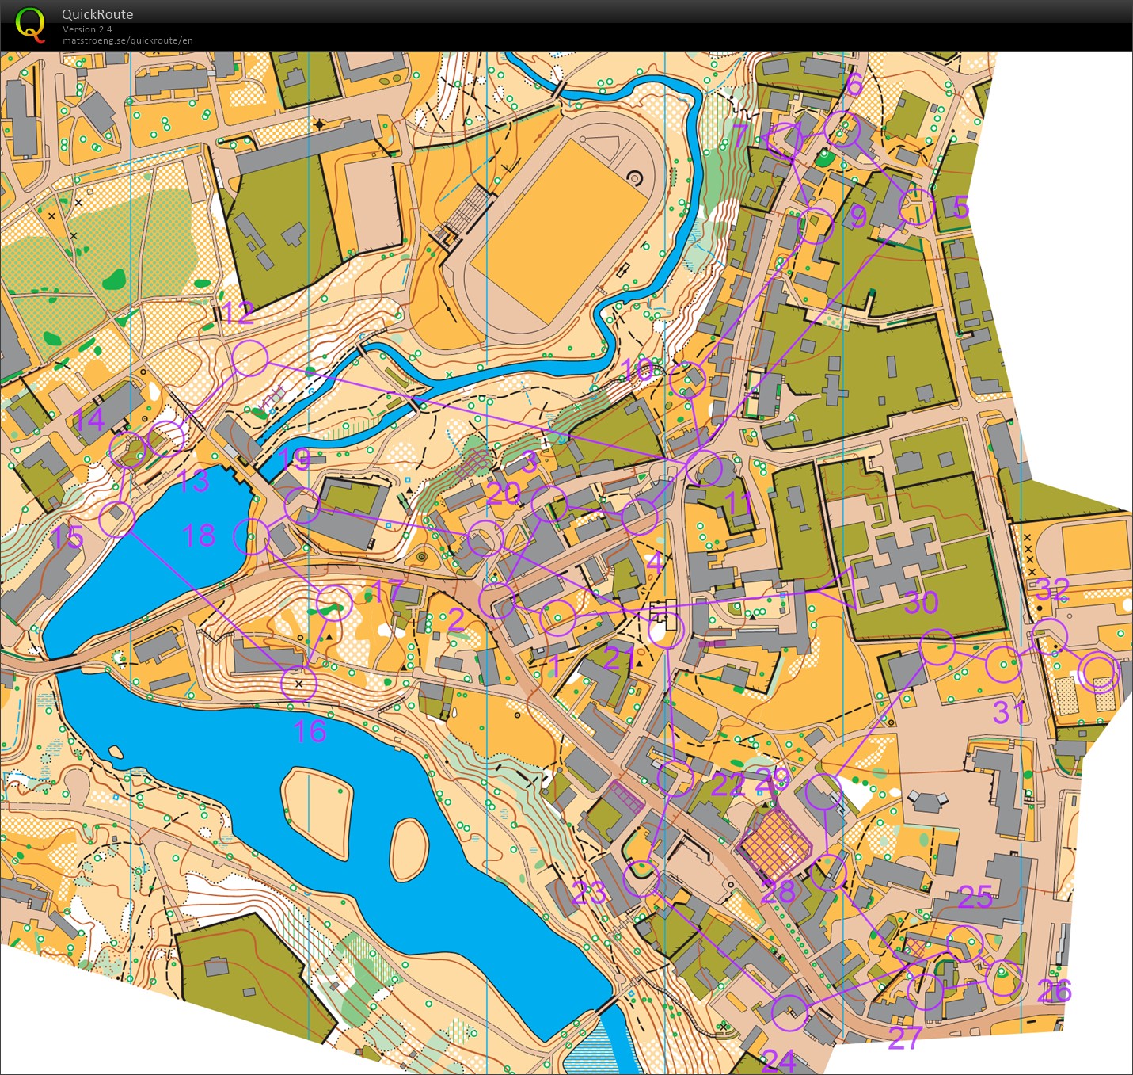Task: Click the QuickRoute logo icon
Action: [x=30, y=24]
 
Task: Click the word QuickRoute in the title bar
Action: [x=97, y=14]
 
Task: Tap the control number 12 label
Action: [x=237, y=313]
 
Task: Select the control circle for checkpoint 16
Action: [x=298, y=684]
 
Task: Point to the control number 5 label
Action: [x=960, y=208]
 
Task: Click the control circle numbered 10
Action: [x=687, y=379]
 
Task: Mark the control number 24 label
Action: [x=778, y=1060]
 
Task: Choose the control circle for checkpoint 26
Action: [x=1003, y=978]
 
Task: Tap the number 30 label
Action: [x=921, y=603]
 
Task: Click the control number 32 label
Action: [x=1052, y=589]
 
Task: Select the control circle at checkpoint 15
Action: [x=117, y=520]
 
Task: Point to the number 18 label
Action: [x=199, y=536]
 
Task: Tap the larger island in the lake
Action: [x=316, y=811]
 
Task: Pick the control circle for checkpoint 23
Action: [x=641, y=879]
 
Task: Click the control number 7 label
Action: [x=740, y=135]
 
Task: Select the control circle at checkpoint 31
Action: [x=1003, y=664]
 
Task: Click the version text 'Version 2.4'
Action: [x=87, y=29]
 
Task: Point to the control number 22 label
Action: [x=727, y=785]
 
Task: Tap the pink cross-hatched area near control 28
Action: [x=775, y=846]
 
